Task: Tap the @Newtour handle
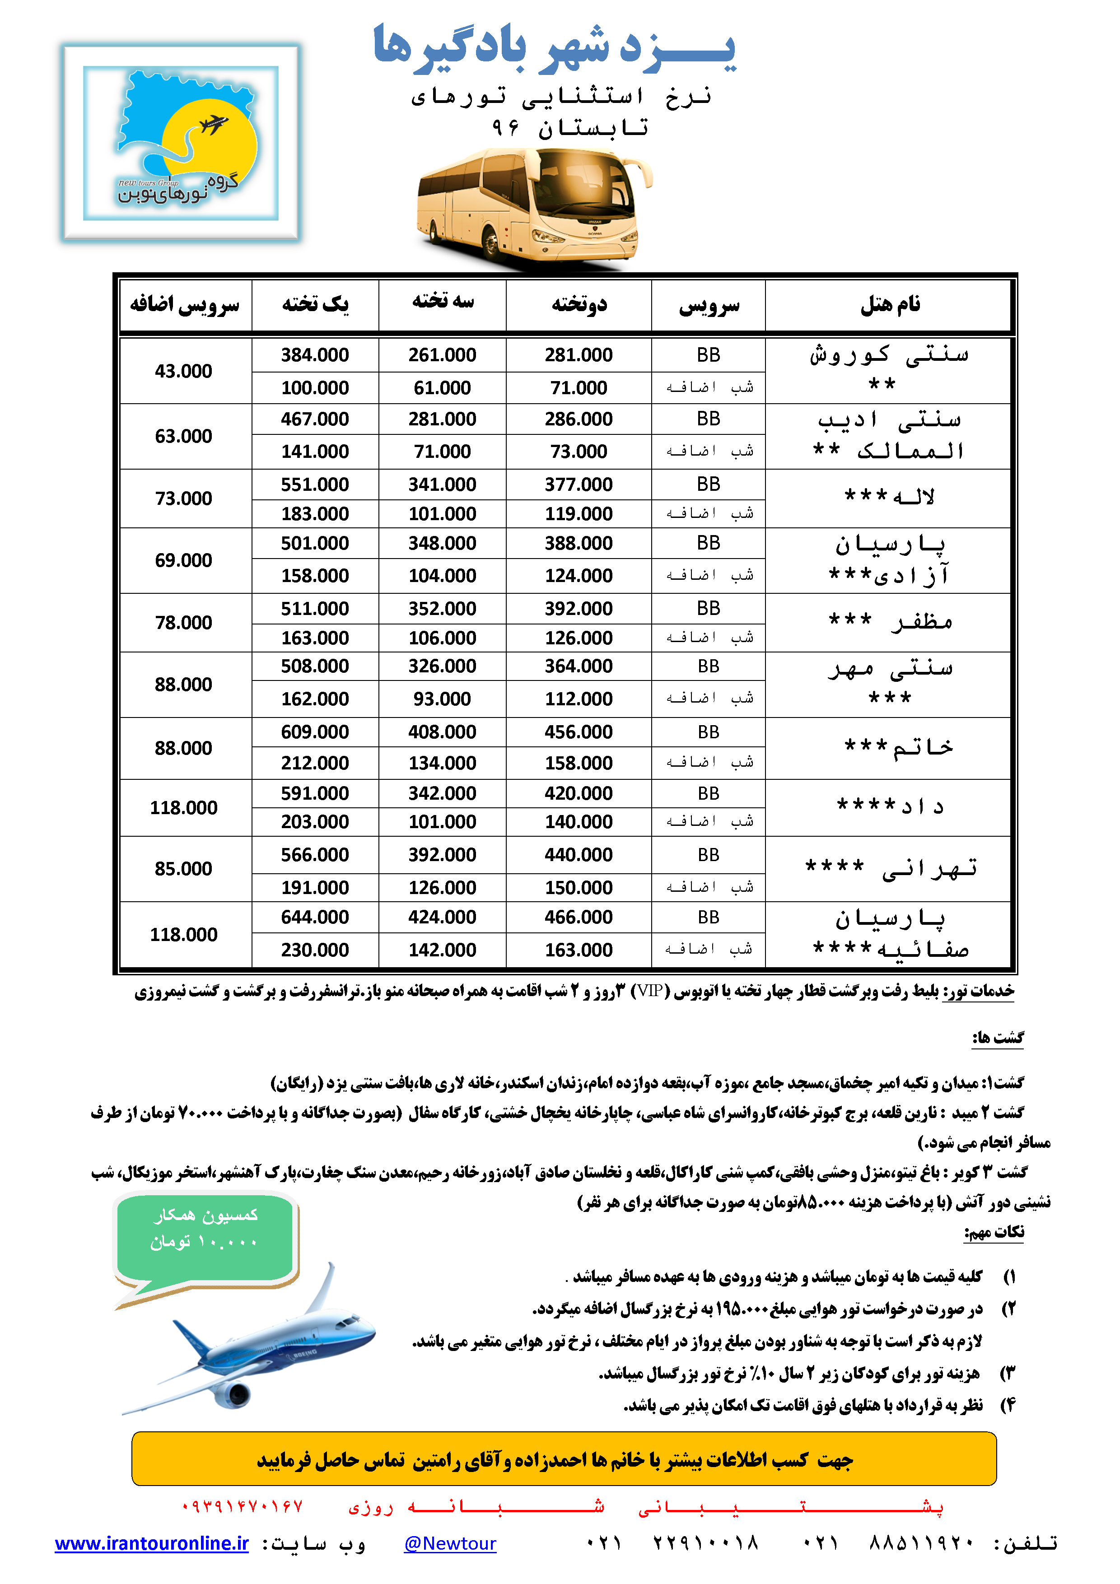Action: (x=450, y=1543)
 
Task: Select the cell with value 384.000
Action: (x=315, y=354)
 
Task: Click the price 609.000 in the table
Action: (x=315, y=732)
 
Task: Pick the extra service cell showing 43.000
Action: (x=183, y=371)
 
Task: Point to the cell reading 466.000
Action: (x=578, y=918)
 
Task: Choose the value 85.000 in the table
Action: (x=183, y=869)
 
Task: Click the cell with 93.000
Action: (x=442, y=699)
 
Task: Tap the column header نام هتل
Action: (x=890, y=304)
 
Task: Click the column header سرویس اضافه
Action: (x=185, y=304)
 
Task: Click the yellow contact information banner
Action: (x=564, y=1459)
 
